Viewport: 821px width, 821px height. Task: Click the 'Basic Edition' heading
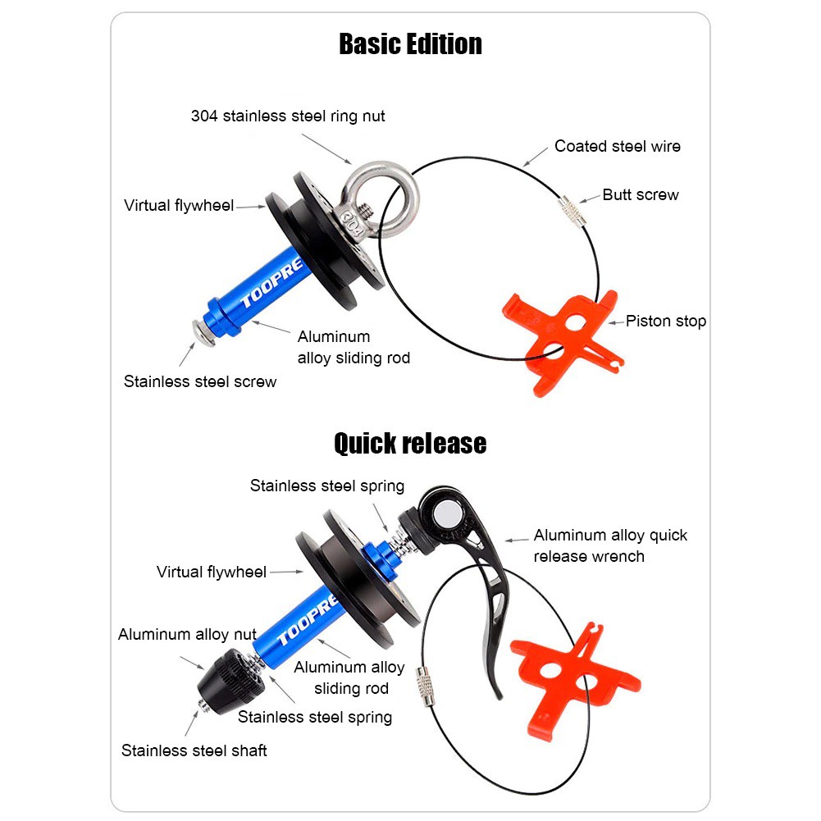pos(410,44)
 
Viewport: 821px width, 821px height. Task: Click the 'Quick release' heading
pos(410,444)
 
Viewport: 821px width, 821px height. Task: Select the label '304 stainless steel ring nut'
pos(288,116)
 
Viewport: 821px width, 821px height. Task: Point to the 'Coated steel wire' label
pos(618,146)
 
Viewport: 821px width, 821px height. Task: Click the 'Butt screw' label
pos(641,194)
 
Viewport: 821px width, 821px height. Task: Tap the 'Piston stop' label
pos(665,321)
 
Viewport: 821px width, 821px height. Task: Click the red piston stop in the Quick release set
pos(575,678)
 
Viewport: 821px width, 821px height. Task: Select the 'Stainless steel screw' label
pos(200,381)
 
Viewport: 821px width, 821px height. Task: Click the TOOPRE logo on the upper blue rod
pos(271,283)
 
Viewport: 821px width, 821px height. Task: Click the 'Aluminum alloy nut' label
pos(187,634)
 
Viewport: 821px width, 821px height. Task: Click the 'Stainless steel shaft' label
pos(194,750)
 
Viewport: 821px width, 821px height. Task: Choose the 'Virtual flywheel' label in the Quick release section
pos(212,572)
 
